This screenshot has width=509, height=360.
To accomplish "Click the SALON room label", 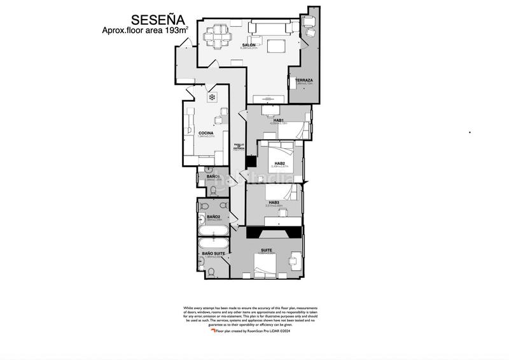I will [249, 45].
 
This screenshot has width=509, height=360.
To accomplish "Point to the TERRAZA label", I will [303, 80].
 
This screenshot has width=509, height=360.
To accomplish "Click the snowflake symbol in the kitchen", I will [212, 97].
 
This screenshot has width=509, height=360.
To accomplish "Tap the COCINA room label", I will [206, 133].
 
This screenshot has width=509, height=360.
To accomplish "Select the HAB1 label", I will [278, 120].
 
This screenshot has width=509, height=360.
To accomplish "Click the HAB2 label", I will [279, 163].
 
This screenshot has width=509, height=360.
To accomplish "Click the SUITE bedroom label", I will [267, 251].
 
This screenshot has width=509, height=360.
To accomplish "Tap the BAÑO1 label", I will [212, 176].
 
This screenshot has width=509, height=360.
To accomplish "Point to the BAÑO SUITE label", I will [212, 253].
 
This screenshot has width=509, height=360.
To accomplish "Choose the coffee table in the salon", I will [275, 46].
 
